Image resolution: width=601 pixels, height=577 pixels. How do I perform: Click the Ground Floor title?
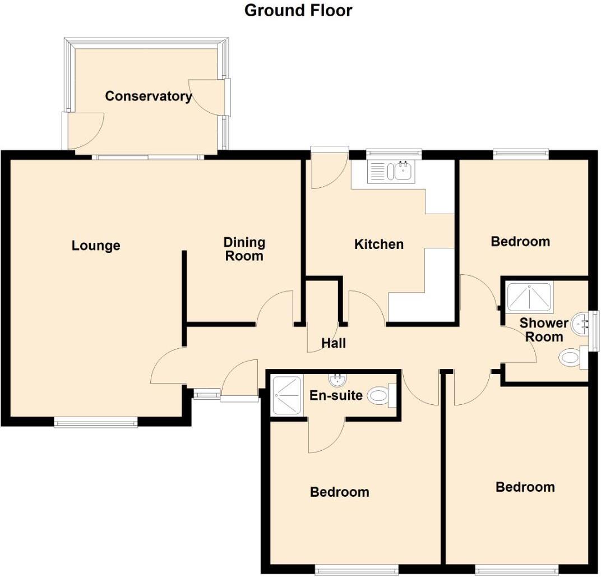tap(298, 10)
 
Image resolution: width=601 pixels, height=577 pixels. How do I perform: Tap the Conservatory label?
tap(148, 96)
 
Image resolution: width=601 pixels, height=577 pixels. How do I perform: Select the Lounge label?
tap(96, 246)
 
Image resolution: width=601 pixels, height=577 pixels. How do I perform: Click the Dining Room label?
tap(244, 249)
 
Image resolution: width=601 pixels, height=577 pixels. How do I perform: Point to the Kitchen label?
tap(379, 244)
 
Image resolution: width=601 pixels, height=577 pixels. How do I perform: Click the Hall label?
tap(334, 343)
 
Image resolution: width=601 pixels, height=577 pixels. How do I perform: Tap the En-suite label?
tap(336, 395)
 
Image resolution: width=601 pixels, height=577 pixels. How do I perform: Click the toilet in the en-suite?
tap(381, 396)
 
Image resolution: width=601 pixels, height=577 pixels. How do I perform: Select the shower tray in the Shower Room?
tap(529, 297)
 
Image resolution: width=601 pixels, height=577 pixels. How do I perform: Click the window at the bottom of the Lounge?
tap(96, 422)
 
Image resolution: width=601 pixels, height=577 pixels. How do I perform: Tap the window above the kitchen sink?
tap(394, 153)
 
